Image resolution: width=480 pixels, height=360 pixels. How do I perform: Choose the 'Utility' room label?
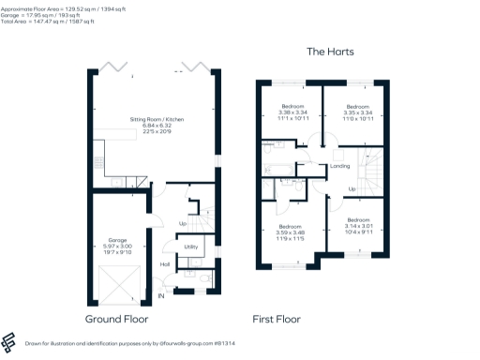190,247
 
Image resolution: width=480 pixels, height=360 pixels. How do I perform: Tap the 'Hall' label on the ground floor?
166,264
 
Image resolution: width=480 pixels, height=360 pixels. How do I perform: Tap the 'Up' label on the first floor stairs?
352,188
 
